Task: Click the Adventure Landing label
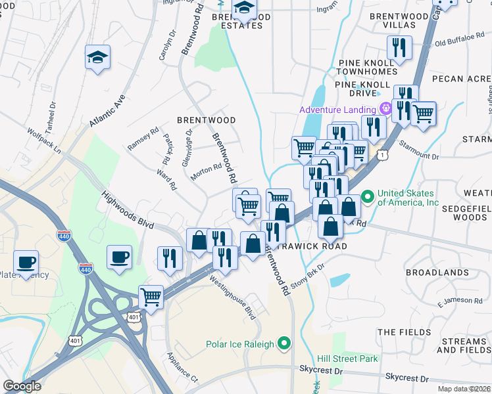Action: click(337, 110)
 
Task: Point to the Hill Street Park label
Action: click(347, 359)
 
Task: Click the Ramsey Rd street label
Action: click(143, 139)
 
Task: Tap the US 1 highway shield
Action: click(381, 154)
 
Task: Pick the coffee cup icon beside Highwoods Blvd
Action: click(119, 257)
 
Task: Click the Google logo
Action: click(22, 386)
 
